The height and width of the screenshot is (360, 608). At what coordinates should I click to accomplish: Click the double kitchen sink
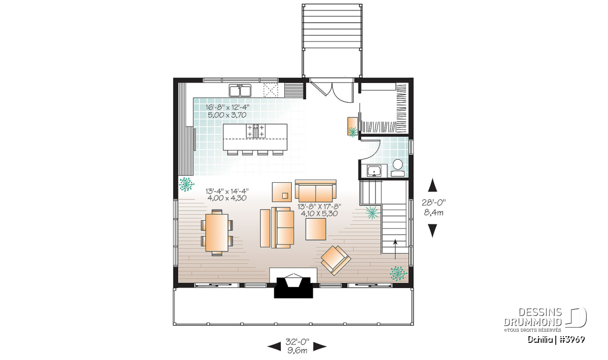tap(240, 91)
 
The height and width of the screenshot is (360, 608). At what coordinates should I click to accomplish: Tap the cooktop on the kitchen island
tap(255, 131)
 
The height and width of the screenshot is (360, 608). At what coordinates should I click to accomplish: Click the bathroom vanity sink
tap(374, 171)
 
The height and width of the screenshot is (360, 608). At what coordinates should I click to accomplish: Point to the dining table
tap(217, 232)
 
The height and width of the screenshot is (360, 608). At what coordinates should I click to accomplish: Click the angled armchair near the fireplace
tap(336, 260)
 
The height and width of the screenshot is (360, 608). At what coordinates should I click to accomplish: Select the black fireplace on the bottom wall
tap(293, 287)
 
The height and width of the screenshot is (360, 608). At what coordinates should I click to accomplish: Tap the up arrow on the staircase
tap(395, 250)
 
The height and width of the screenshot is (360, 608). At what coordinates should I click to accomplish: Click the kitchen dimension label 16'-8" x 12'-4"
tap(227, 107)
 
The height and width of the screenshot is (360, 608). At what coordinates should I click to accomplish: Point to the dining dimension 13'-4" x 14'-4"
tap(227, 191)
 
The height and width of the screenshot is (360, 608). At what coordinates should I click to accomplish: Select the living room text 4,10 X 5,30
tap(319, 214)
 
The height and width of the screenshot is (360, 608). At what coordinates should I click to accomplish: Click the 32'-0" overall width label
tap(297, 341)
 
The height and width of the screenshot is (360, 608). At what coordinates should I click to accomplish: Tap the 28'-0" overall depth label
tap(434, 202)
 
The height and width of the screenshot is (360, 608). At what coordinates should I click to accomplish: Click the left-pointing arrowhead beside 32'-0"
tap(274, 346)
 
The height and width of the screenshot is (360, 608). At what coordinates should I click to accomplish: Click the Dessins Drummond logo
tap(545, 319)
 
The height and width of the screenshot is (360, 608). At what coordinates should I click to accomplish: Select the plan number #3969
tap(571, 339)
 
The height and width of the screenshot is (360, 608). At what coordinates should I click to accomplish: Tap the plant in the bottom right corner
tap(398, 273)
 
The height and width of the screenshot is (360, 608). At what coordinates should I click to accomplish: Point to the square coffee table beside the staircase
tap(316, 229)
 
